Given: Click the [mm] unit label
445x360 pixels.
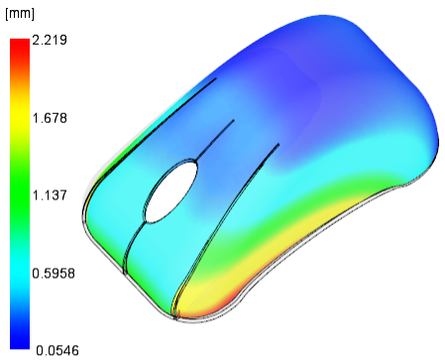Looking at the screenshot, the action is tap(20, 14).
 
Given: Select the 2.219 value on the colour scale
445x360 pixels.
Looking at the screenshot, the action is tap(50, 40).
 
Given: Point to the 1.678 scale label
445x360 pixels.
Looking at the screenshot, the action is tap(50, 118).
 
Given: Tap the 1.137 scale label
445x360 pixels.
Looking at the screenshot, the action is tap(50, 195).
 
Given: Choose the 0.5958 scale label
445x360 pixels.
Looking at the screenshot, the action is tap(54, 274).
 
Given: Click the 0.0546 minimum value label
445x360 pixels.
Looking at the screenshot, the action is tap(57, 350).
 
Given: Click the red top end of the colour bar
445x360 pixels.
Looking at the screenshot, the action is tap(20, 43).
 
